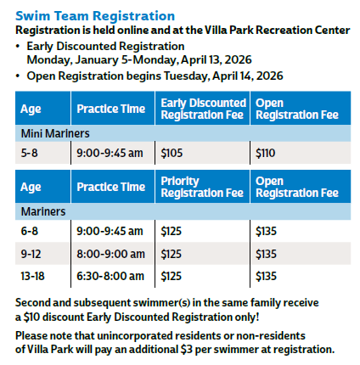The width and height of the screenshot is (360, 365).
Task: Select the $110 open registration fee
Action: pos(266,153)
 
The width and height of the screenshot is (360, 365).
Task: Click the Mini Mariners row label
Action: pos(55,133)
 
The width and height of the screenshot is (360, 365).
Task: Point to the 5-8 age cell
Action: pos(30,153)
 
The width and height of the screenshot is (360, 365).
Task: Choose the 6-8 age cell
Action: pos(30,230)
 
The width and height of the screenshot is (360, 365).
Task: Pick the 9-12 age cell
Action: pos(31,253)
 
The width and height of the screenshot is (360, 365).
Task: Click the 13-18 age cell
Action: pos(33,275)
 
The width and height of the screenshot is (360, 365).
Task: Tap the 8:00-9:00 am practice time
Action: pos(112,253)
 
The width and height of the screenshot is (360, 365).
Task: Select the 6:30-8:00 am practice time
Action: pos(112,275)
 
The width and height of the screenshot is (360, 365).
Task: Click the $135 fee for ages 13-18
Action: pos(267,275)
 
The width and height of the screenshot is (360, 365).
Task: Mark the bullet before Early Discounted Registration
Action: pos(19,46)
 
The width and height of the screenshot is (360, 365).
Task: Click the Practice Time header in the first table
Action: pos(110,109)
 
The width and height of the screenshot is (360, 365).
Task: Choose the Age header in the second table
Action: pos(31,187)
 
